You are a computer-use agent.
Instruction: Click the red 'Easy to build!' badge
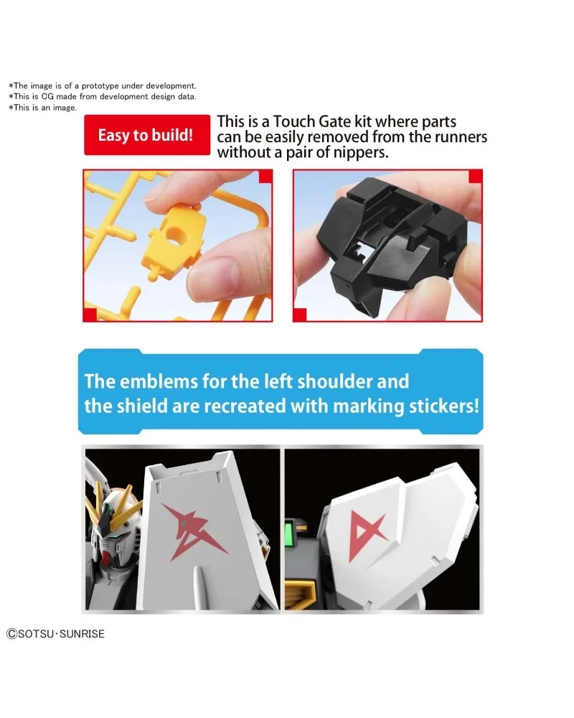tap(146, 135)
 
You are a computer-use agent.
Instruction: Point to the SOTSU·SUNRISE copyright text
tap(56, 633)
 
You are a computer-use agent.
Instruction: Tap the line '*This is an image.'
tap(42, 108)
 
